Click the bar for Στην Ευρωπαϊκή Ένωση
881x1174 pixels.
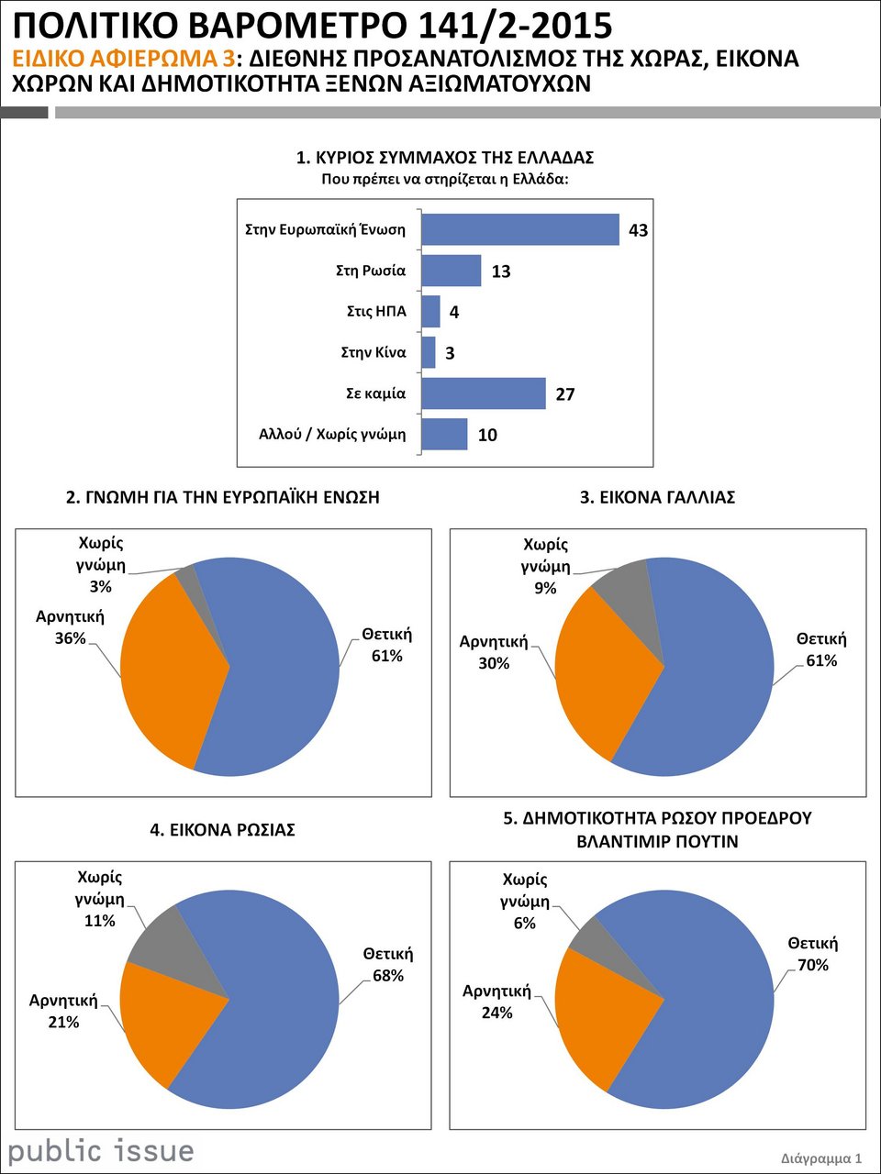[x=520, y=229]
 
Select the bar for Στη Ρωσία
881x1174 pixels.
[x=452, y=271]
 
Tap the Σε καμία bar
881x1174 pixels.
[x=484, y=393]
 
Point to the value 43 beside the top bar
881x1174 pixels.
[x=639, y=230]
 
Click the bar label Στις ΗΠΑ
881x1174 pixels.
[x=376, y=312]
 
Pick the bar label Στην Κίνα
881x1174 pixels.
[x=374, y=352]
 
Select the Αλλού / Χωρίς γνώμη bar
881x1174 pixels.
[x=444, y=435]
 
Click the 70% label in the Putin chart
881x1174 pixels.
[x=813, y=965]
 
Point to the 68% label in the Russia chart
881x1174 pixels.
[x=388, y=976]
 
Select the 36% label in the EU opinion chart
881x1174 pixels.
[x=70, y=638]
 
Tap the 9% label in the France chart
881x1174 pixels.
[x=545, y=589]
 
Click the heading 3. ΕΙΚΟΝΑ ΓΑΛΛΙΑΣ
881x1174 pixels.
[x=657, y=497]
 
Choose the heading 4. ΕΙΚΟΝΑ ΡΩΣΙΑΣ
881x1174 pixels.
[x=222, y=830]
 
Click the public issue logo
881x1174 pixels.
[x=101, y=1151]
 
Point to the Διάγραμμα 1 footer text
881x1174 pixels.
[x=821, y=1158]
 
